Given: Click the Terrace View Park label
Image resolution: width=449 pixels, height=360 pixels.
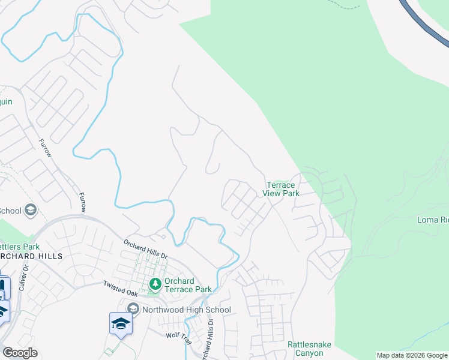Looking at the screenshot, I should point(282,190).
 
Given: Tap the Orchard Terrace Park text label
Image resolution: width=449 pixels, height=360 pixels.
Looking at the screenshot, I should point(188,285).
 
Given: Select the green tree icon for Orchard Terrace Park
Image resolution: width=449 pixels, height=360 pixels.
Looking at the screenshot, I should point(155,283).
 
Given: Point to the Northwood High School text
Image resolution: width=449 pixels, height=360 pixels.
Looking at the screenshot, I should point(186,310).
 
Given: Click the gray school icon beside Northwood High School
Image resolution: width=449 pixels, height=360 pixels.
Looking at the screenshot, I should point(133,310).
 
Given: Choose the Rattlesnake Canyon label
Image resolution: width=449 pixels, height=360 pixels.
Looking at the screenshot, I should point(309,349).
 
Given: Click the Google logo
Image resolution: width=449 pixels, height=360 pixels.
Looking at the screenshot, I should point(20,353).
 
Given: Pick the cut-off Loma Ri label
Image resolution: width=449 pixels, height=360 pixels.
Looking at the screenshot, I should point(433,220).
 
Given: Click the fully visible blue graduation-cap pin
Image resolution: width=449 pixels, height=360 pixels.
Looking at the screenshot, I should point(121,323).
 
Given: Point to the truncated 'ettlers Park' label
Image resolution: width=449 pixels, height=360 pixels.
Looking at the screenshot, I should point(20,246).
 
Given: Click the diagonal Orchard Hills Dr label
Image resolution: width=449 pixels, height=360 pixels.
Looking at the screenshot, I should point(146,250).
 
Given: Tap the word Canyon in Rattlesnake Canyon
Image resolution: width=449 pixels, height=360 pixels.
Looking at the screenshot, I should point(309,353).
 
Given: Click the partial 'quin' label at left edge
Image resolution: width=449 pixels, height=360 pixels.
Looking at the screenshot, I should point(5,102).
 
